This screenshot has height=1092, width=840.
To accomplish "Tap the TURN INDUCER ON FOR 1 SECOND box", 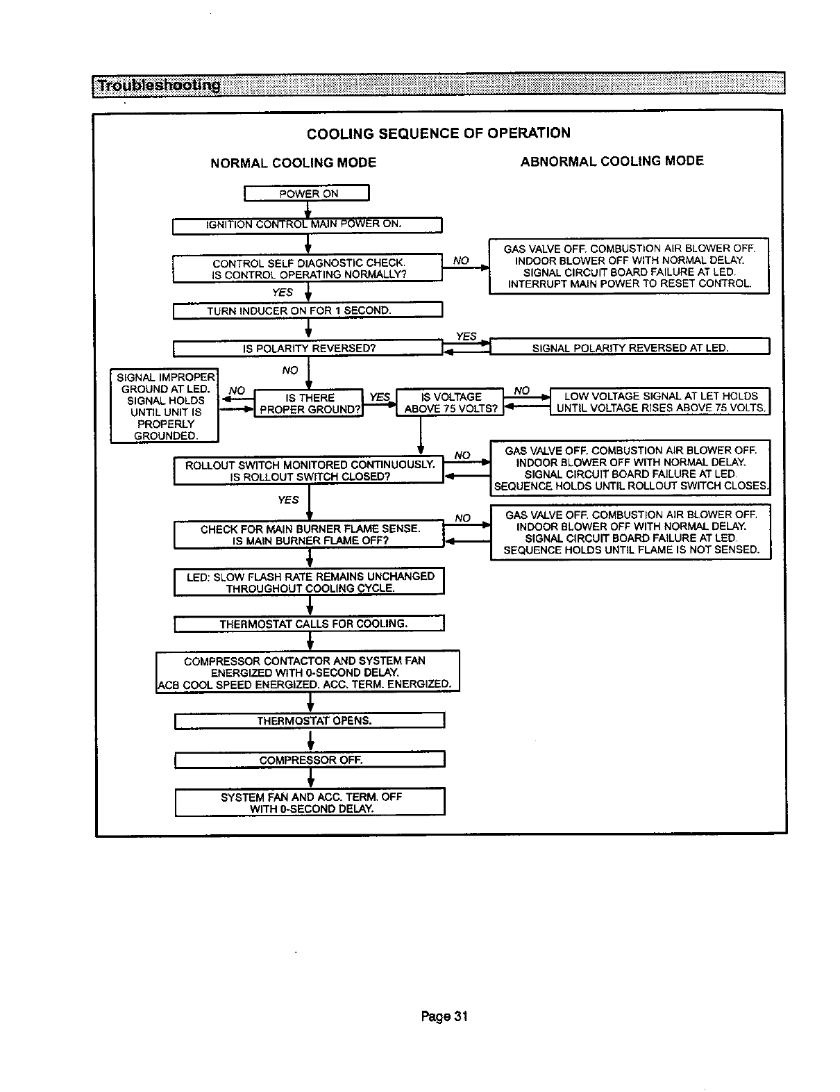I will tap(307, 311).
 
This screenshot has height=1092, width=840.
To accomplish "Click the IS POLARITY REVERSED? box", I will tap(307, 348).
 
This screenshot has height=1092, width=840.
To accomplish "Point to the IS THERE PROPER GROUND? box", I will tap(309, 403).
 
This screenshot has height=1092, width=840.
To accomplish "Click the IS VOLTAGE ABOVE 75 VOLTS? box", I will tap(450, 403).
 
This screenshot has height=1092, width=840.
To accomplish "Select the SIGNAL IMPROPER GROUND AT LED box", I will tap(165, 406).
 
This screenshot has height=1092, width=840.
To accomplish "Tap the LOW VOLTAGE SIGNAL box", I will tap(660, 402).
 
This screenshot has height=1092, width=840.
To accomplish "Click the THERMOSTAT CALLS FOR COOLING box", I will tap(309, 624).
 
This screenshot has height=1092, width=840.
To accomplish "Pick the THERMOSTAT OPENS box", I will tap(309, 721).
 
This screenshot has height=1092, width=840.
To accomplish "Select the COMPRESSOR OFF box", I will tap(309, 760).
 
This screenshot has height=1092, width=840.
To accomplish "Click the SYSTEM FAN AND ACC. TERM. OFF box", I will tap(309, 802).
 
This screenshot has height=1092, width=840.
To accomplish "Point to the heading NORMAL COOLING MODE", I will tap(293, 163).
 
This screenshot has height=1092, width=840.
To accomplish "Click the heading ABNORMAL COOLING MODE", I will tap(612, 162).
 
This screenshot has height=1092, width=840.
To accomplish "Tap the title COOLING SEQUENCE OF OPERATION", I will tap(438, 133).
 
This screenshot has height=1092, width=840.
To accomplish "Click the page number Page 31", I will tap(444, 1017).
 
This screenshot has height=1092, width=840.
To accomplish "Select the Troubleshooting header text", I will tap(159, 85).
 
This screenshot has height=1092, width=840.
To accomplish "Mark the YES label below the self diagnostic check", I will tap(282, 292).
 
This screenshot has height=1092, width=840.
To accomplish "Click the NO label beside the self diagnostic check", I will tap(460, 261).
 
